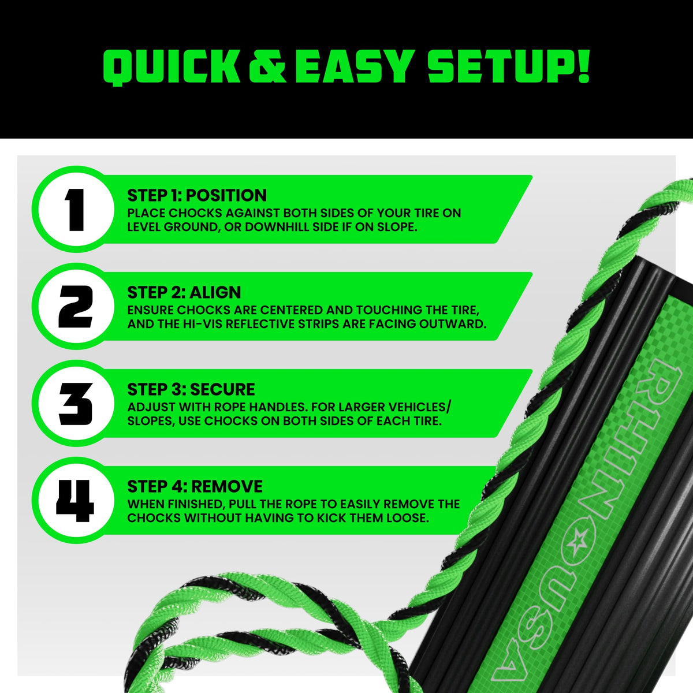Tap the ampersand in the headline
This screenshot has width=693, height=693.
coord(267,67)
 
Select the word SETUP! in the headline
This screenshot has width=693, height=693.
coord(508,66)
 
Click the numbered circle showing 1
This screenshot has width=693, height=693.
coord(75,209)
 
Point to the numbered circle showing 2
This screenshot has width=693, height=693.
coord(75,306)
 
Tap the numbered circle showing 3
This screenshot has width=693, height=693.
coord(75,403)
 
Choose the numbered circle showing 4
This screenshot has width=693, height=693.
coord(75,500)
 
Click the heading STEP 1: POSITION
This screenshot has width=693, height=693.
coord(197,195)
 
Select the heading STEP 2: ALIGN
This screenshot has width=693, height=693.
coord(184,292)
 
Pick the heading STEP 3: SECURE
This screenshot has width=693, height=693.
coord(191,389)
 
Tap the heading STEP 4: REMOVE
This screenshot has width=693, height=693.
coord(195,487)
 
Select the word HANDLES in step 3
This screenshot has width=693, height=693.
coord(278,407)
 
